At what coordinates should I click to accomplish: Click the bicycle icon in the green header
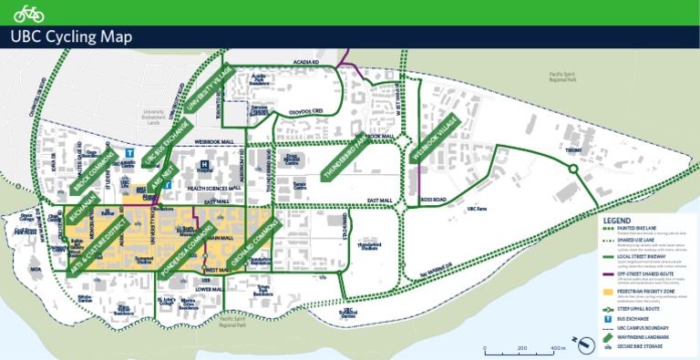[29, 12]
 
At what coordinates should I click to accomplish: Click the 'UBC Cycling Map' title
[70, 36]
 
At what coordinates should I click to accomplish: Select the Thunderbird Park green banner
[347, 159]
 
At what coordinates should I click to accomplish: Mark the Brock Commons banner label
[93, 166]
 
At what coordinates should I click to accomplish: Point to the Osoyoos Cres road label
[306, 112]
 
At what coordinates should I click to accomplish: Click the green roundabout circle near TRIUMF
[573, 169]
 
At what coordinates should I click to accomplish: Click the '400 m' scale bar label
[558, 348]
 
